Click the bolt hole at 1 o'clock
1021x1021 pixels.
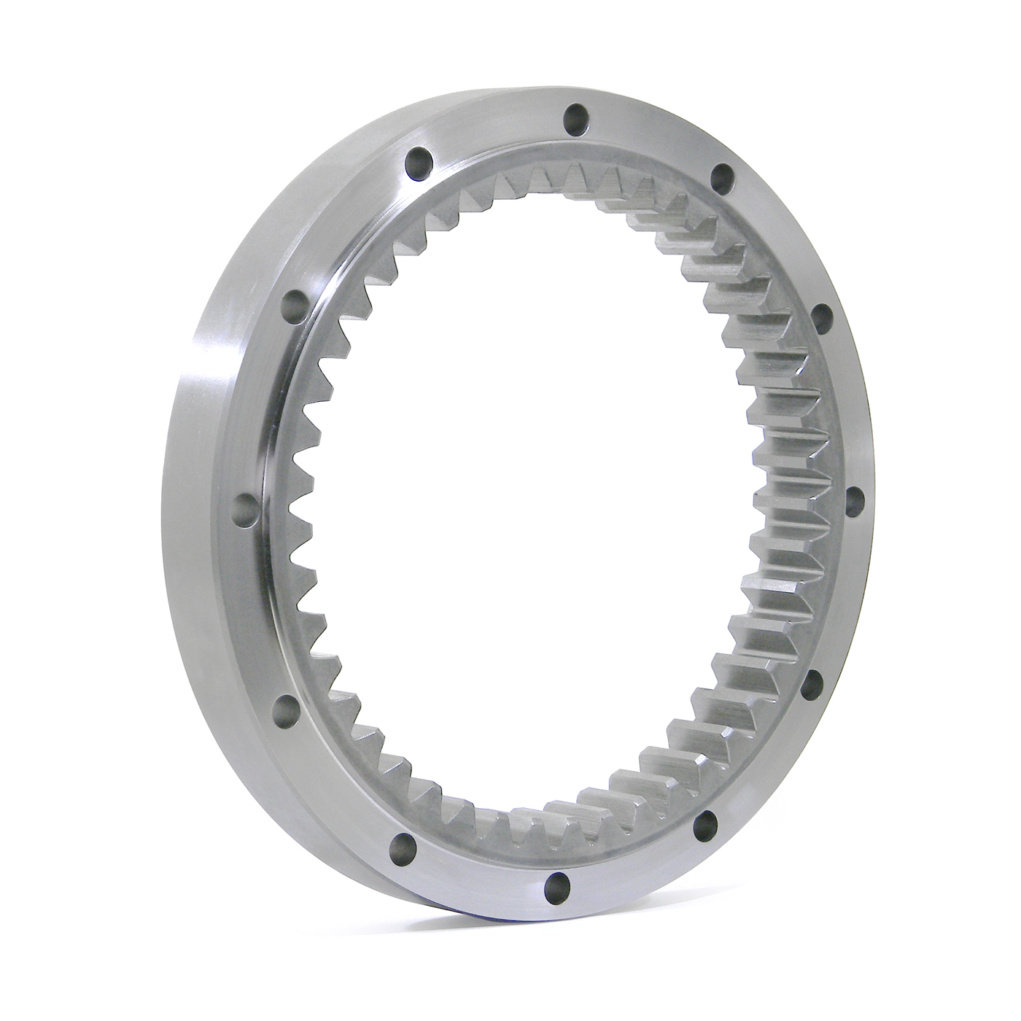tap(721, 175)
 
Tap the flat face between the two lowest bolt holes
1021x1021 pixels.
tap(481, 871)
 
